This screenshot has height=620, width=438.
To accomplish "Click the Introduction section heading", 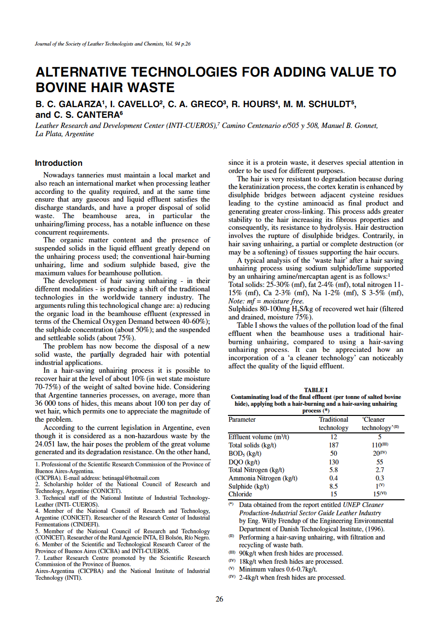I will [x=59, y=163].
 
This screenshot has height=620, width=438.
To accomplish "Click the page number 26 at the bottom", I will [x=219, y=599].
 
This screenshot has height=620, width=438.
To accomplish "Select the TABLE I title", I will [x=315, y=390].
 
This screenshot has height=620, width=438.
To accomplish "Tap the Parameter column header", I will [x=242, y=419].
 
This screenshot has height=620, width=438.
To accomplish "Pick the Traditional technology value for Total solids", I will [x=333, y=445].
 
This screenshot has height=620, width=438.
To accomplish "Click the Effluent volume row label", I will [x=259, y=437].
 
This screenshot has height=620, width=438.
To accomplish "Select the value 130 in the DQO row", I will [x=333, y=462].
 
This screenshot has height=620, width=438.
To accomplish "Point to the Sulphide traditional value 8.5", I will [x=333, y=486].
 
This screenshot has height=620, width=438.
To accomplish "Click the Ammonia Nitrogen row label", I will [x=263, y=478].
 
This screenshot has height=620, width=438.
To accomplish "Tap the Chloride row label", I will [x=240, y=494].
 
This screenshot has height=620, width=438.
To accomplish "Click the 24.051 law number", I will [x=47, y=444].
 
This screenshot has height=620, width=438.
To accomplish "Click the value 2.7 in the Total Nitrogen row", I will [x=380, y=470].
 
